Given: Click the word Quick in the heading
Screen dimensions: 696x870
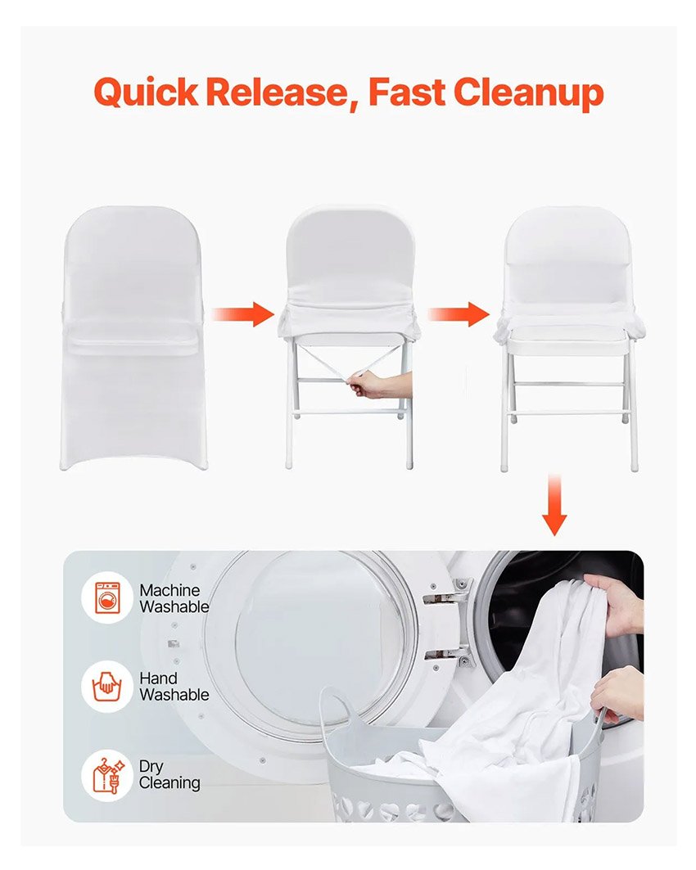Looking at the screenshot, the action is click(146, 92).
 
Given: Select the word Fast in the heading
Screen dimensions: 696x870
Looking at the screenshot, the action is click(407, 92).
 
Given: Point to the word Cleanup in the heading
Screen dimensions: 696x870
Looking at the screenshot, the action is click(528, 93).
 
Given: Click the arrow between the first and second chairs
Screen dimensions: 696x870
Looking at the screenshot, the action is click(242, 314).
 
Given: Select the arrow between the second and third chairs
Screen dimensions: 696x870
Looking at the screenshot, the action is click(459, 314).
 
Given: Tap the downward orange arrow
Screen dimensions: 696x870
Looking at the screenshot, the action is click(554, 504).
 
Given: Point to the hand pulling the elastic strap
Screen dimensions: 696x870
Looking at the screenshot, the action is click(381, 384).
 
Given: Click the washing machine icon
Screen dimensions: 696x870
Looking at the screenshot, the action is click(107, 598).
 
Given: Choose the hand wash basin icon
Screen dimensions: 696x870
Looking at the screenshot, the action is click(107, 687).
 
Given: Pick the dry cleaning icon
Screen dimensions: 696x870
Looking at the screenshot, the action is click(107, 775).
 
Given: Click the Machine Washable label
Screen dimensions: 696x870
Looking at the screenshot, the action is click(174, 598).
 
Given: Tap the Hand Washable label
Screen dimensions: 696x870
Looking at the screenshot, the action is click(174, 687).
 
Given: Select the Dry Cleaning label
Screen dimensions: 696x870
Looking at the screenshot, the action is click(169, 774).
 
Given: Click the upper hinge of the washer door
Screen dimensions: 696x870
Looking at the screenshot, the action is click(447, 593).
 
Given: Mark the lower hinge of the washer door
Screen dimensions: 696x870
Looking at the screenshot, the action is click(447, 655).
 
